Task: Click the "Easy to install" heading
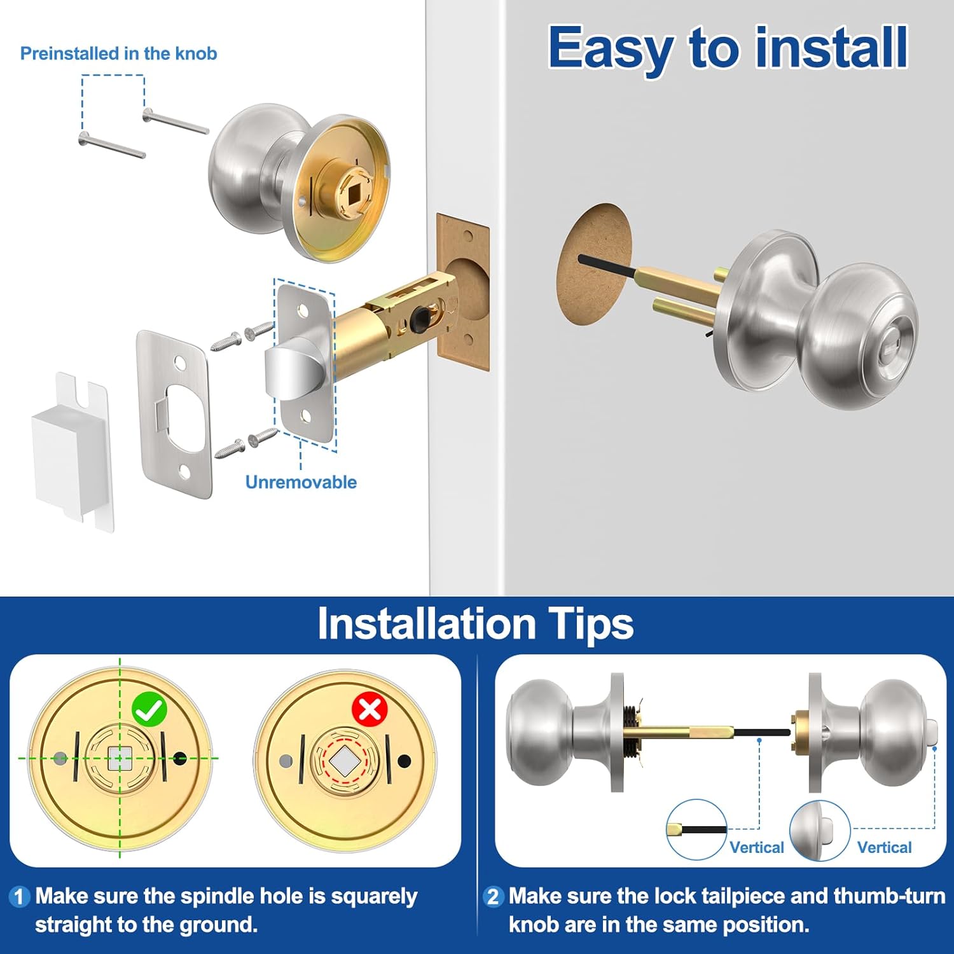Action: coord(728,48)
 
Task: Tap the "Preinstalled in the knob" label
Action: coord(118,53)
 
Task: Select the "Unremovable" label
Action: coord(301,482)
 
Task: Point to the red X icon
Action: coord(370,709)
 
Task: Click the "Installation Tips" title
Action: coord(475,624)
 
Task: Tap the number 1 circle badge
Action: coord(19,897)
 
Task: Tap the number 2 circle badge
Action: coord(492,897)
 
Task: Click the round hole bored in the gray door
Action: coord(594,265)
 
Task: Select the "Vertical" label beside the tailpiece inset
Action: coord(756,847)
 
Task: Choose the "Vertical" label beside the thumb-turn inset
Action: coord(884,847)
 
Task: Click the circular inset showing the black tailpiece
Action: coord(696,830)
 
